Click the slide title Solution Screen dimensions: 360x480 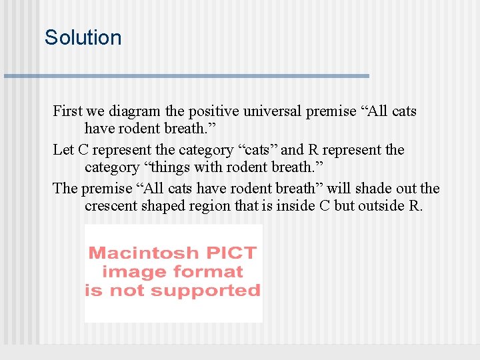[x=83, y=37]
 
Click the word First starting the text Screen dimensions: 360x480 [x=67, y=111]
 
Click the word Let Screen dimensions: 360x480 [x=63, y=150]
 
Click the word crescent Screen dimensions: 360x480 [x=109, y=206]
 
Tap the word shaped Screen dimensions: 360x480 [x=159, y=206]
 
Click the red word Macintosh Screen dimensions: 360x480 [x=143, y=253]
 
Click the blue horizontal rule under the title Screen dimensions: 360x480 [x=187, y=76]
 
